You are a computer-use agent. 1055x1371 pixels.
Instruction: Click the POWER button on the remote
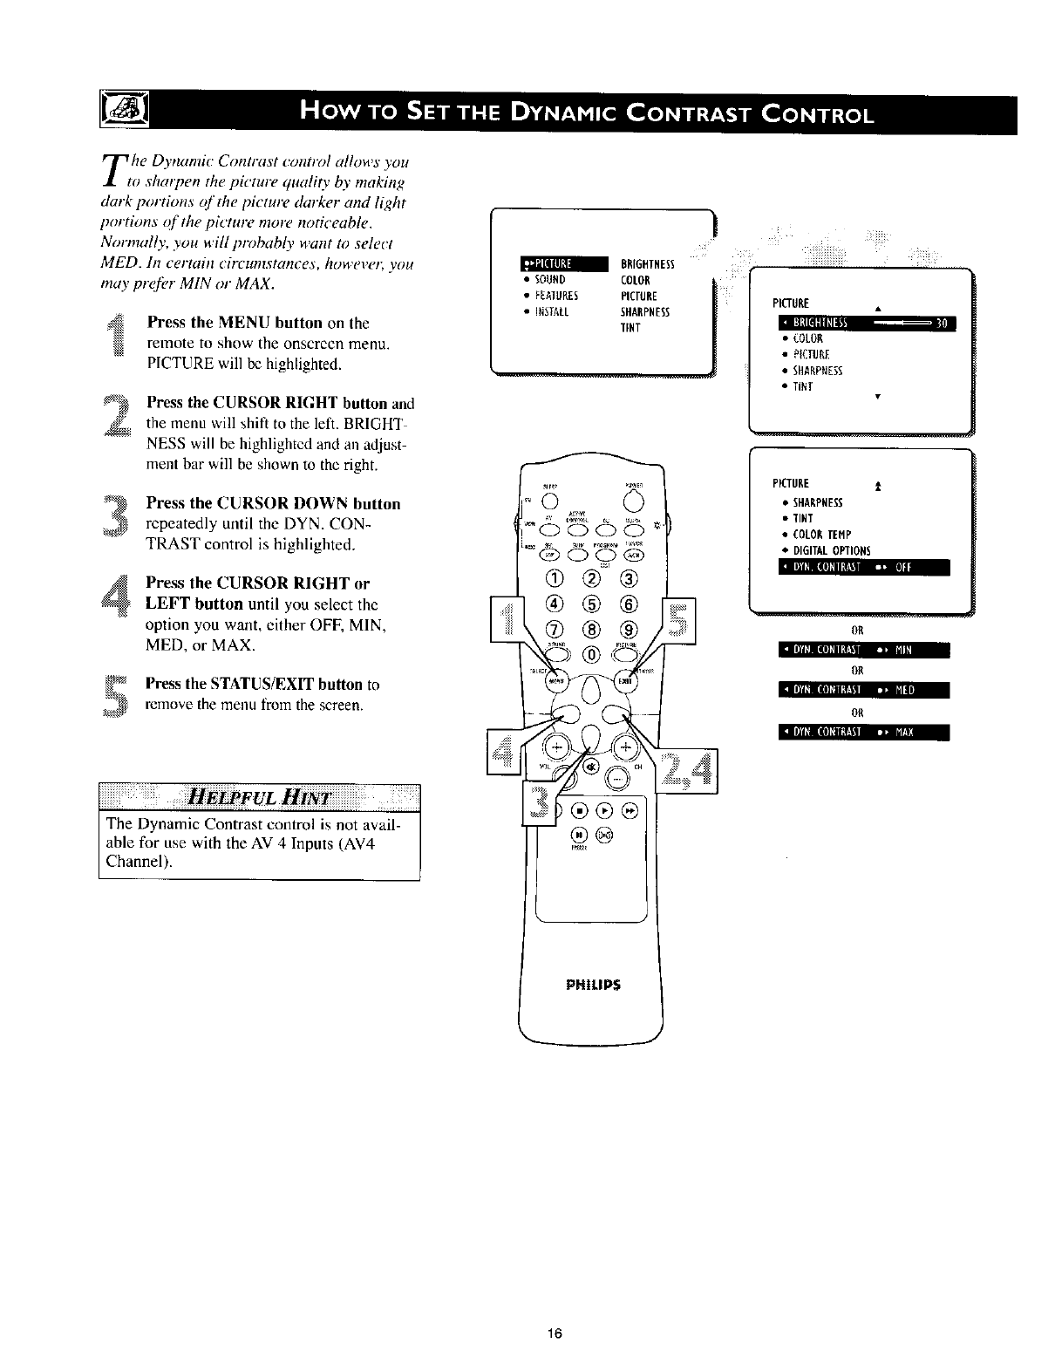click(633, 501)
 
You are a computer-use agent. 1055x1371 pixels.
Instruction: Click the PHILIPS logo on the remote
click(591, 986)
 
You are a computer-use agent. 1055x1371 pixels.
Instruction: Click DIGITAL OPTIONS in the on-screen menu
click(831, 550)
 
